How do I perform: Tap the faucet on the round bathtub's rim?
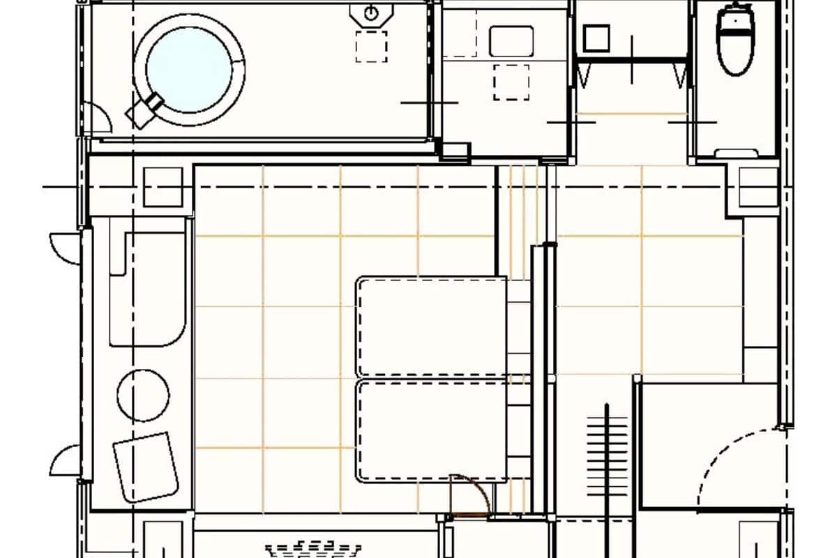coord(145,110)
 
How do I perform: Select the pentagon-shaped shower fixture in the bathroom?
coord(371,14)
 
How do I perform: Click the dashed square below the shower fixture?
coord(371,47)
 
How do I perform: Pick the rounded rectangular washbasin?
coord(511,41)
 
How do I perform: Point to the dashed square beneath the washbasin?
coord(511,82)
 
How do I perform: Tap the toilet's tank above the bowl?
coord(737,15)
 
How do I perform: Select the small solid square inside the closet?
coord(596,38)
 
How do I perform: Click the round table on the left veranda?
coord(143,395)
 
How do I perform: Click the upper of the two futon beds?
coord(431,326)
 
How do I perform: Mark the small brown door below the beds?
coord(469,496)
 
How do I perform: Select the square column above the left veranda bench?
coord(163,187)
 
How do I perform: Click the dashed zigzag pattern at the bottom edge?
coord(314,548)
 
